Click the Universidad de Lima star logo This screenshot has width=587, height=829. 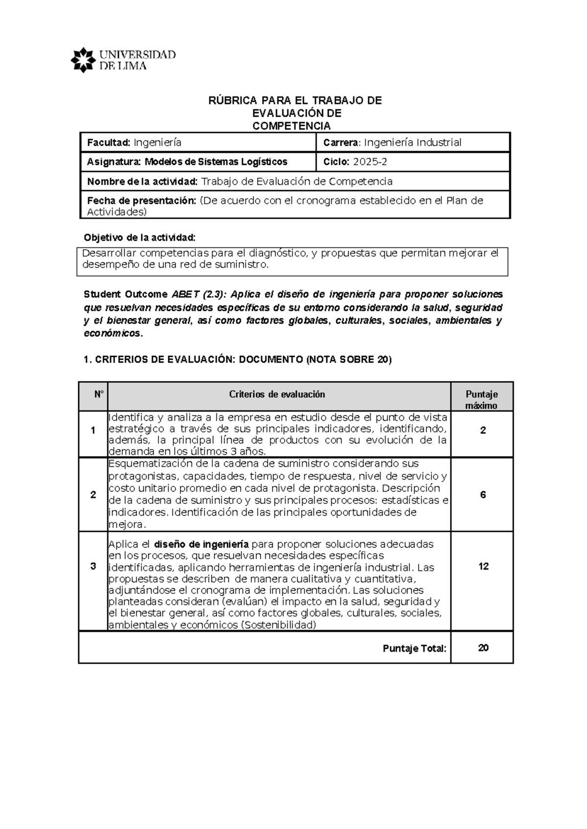82,60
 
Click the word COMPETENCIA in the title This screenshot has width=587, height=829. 291,126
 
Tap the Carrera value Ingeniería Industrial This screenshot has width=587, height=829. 412,143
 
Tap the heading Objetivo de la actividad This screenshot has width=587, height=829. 139,238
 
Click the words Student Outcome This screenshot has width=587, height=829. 125,294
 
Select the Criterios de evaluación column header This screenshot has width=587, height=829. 277,394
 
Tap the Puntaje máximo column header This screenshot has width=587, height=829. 481,399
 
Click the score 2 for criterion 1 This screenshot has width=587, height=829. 483,431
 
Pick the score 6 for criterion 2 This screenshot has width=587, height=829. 483,495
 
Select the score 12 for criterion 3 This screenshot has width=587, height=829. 483,567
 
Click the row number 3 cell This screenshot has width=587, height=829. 93,567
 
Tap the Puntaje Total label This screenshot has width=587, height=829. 414,649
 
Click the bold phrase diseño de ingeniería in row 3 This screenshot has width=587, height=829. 202,544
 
